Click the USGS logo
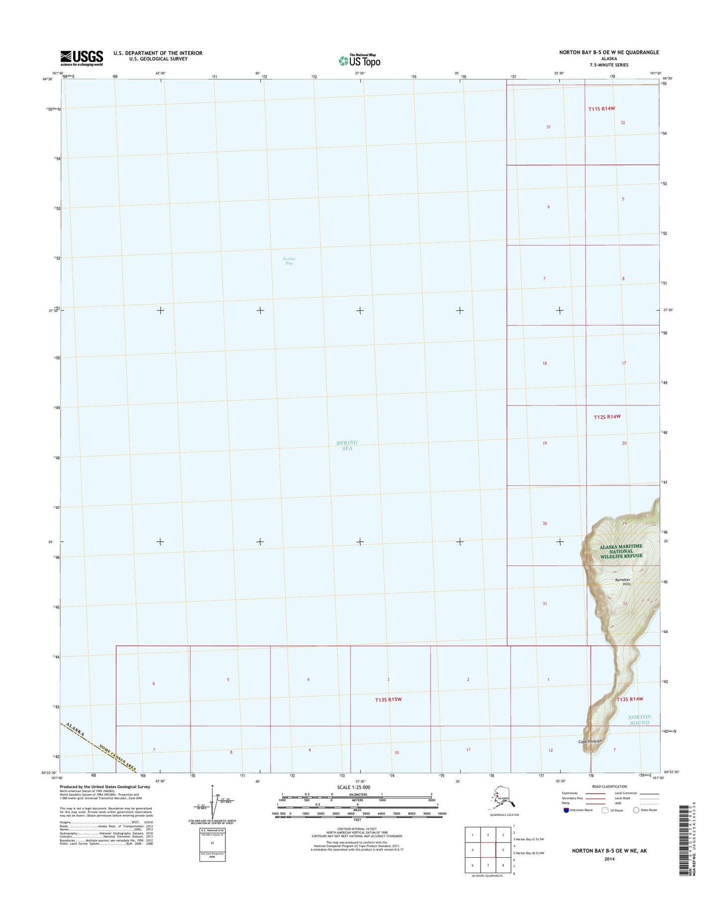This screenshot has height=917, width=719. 82,58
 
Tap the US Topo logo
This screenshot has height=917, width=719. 359,60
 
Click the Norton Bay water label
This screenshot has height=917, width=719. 289,261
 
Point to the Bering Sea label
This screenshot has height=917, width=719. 347,446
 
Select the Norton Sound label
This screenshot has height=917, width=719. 639,720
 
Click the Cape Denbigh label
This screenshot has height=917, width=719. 590,741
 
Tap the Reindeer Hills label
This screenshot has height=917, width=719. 623,581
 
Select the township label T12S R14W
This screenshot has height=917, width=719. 607,417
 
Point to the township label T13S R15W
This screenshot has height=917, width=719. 388,699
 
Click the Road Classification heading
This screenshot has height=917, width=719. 610,787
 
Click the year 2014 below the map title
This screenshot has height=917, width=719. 609,859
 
